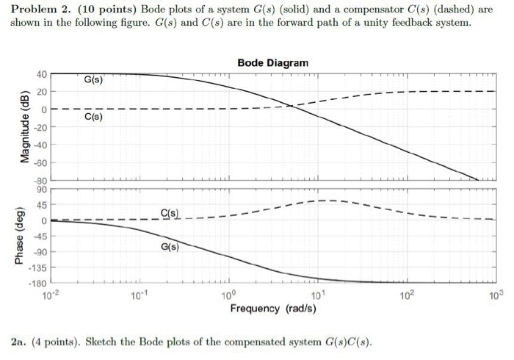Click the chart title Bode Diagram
[273, 64]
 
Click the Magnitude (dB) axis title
[24, 127]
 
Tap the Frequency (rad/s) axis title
[273, 308]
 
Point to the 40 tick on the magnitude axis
[41, 74]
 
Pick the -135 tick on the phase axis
[37, 268]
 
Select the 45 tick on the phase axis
[41, 205]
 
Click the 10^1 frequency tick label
[318, 295]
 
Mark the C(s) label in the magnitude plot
[93, 117]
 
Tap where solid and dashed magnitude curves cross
[291, 106]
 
